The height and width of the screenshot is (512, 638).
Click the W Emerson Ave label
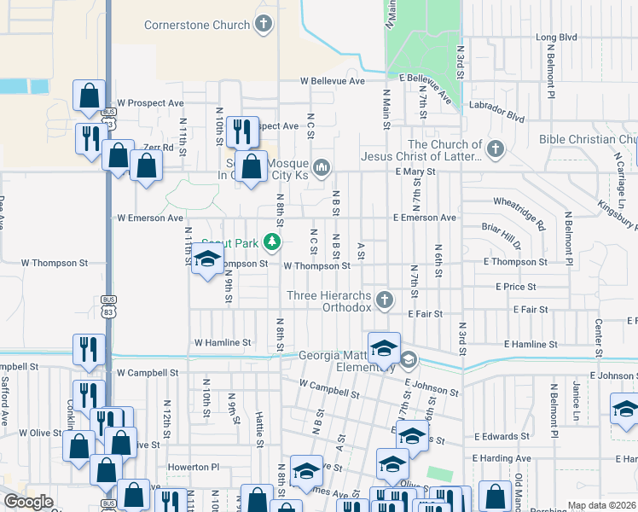(x=150, y=218)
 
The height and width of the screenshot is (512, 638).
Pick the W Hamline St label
(x=223, y=342)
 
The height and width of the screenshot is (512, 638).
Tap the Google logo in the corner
(x=28, y=502)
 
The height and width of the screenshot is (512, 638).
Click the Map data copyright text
(x=602, y=505)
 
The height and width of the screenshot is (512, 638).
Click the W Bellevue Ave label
(x=333, y=81)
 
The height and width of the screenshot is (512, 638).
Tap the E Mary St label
(x=415, y=172)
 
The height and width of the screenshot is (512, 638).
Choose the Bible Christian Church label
(x=589, y=139)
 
